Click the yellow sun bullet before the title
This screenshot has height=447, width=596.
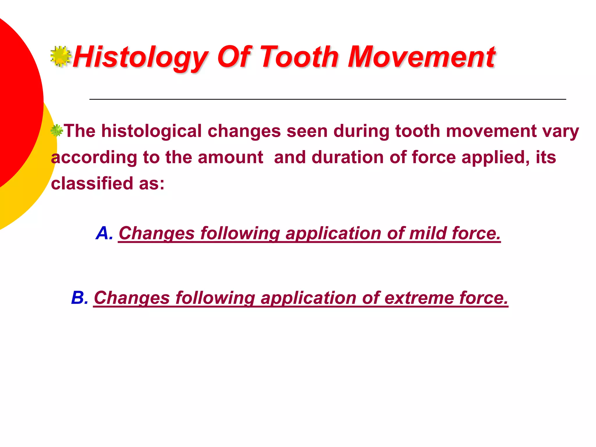(x=61, y=56)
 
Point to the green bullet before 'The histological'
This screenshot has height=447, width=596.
(x=56, y=131)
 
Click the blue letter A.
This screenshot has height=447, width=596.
(x=104, y=233)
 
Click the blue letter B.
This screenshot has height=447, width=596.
(x=79, y=298)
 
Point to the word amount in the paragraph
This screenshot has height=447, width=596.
(x=230, y=157)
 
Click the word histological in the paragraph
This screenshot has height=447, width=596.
(x=151, y=131)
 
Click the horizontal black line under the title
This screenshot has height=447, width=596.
(x=327, y=100)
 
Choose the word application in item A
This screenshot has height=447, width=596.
(x=333, y=233)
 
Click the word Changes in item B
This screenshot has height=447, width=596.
(x=132, y=298)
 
